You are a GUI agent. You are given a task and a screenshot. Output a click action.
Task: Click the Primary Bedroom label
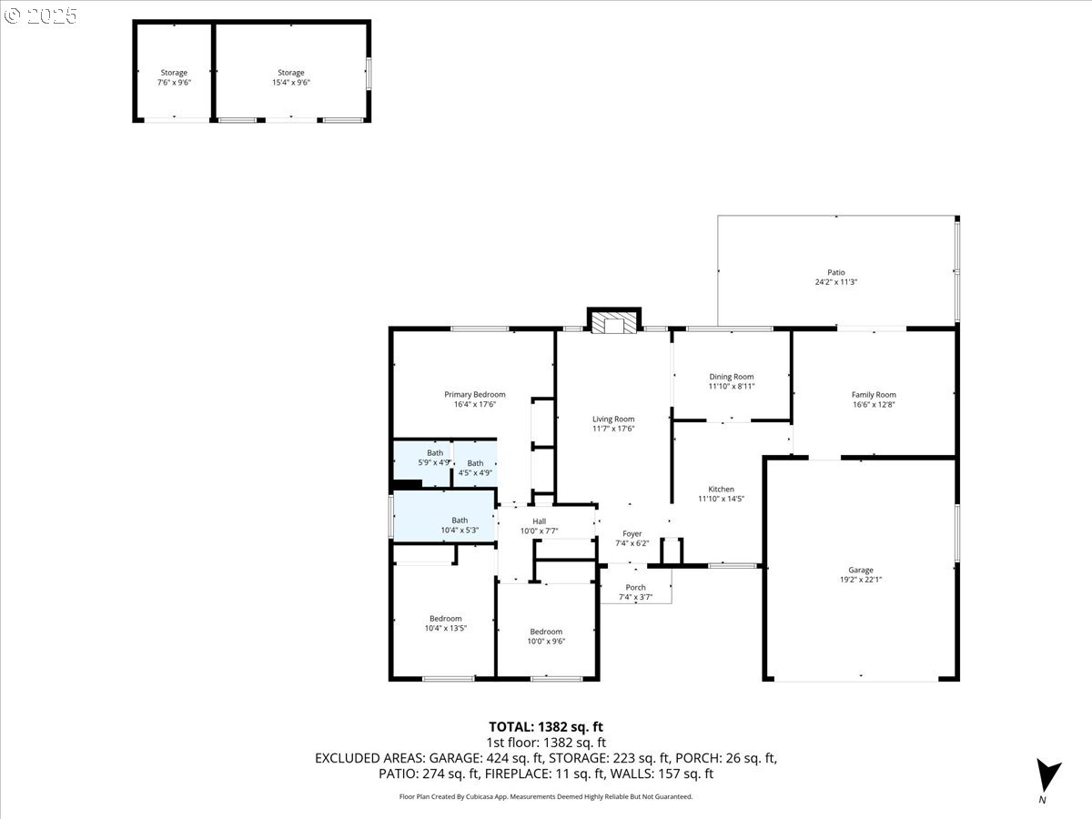tap(474, 399)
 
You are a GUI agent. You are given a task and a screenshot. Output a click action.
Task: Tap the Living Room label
tap(613, 423)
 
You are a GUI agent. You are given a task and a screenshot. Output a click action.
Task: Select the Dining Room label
tap(732, 381)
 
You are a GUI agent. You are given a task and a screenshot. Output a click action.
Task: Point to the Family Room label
tap(874, 399)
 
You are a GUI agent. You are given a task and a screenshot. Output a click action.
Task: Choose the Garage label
tap(861, 574)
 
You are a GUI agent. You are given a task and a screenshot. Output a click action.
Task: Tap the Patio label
tap(835, 277)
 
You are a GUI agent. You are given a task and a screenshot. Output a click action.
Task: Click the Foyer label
tap(632, 538)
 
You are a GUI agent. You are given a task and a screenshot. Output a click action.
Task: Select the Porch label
tap(635, 591)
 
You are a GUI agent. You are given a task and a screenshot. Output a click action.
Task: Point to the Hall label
tap(539, 525)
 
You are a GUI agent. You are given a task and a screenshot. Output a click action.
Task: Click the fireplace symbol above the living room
tap(615, 322)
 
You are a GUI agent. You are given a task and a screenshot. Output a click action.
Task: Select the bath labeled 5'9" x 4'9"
tap(435, 458)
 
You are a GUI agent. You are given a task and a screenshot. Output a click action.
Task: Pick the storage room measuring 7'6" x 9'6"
tap(174, 76)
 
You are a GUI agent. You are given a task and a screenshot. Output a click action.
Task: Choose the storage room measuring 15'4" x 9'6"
tap(290, 76)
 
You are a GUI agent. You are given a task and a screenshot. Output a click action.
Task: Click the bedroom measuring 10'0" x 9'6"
tap(546, 635)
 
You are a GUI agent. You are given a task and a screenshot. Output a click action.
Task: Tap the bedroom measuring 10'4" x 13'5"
tap(445, 622)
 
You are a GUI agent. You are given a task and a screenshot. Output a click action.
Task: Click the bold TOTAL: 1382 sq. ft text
tap(546, 726)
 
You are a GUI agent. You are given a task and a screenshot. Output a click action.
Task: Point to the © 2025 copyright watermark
tap(41, 15)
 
